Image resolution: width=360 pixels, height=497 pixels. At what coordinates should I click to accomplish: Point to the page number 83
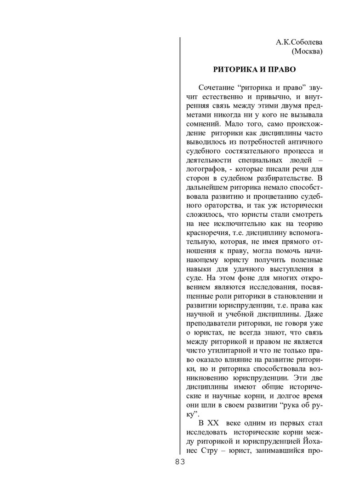(180, 462)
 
